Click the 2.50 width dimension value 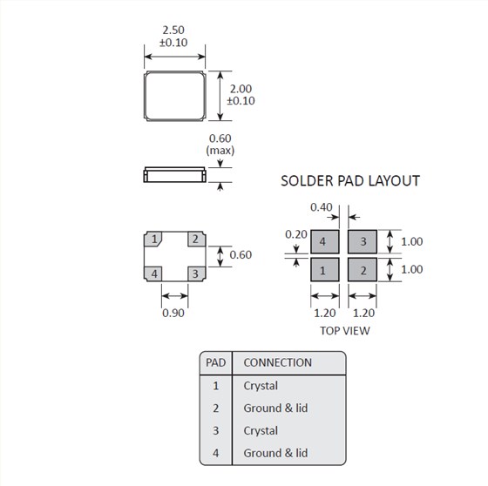173,30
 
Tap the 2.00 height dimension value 241,89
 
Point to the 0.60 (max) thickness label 220,145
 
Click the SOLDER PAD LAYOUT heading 350,181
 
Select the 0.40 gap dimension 322,207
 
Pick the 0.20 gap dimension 296,234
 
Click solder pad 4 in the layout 324,242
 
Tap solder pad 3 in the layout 363,242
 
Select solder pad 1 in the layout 324,269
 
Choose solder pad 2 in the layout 363,269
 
